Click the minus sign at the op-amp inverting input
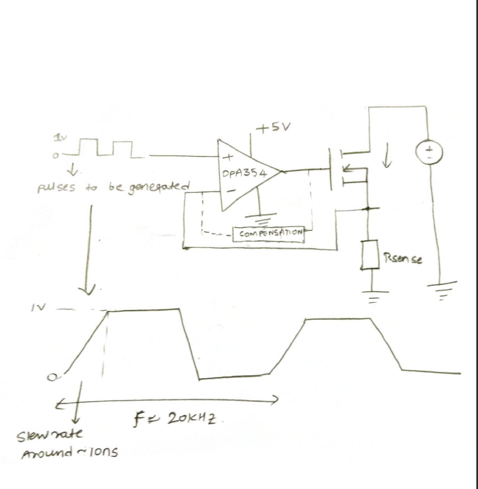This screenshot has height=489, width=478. pyautogui.click(x=230, y=192)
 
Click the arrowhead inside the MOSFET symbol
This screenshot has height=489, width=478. pyautogui.click(x=350, y=167)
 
